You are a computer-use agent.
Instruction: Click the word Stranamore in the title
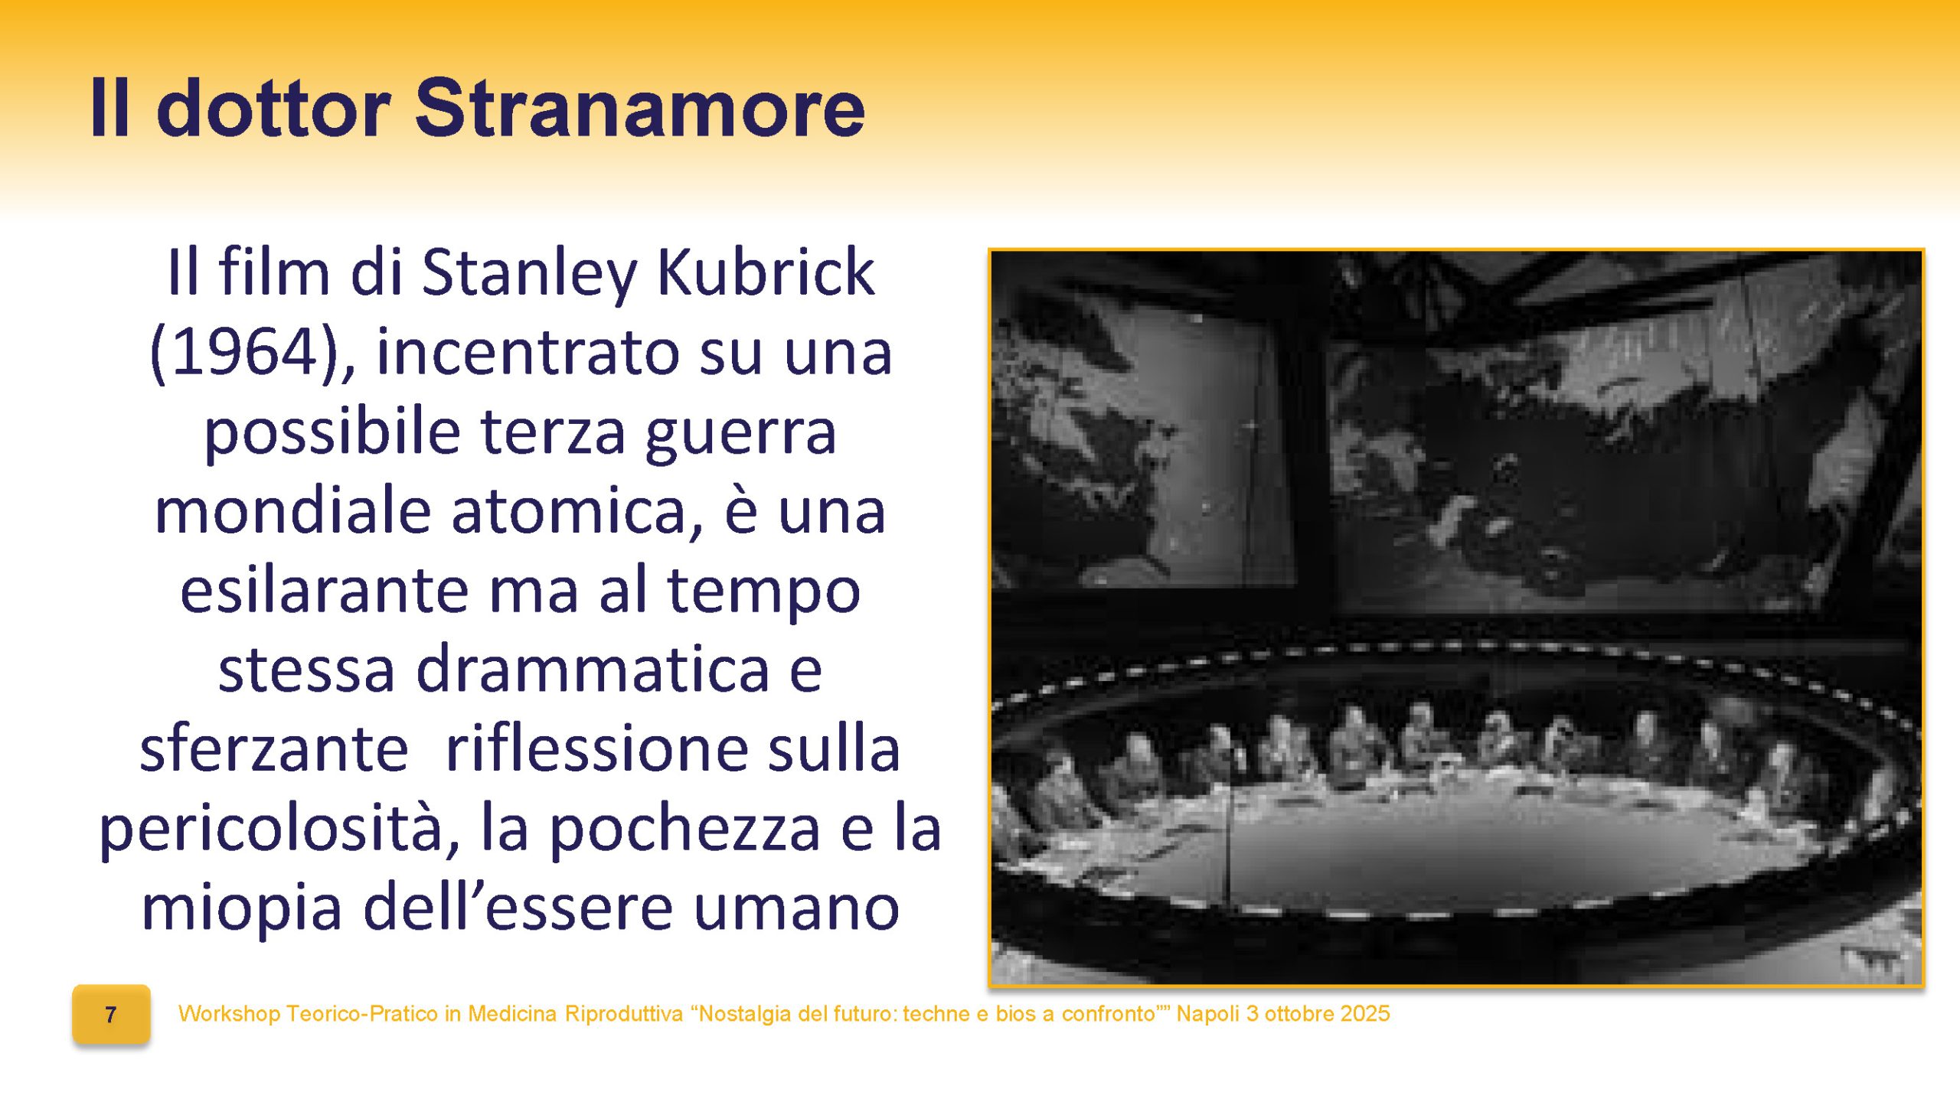pos(640,109)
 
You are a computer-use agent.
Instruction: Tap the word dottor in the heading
pos(273,109)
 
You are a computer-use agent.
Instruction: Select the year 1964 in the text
pos(244,351)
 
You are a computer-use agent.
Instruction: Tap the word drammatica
pos(592,670)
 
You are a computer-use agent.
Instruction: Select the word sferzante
pos(273,748)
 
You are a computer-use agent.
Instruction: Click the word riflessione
pos(596,748)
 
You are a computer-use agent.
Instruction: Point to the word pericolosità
pos(279,829)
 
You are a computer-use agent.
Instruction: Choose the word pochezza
pos(684,829)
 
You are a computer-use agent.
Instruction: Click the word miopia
pos(241,908)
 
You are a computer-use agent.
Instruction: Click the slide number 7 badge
pos(111,1015)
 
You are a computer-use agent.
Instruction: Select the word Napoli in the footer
pos(1208,1014)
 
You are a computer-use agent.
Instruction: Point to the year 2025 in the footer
pos(1364,1014)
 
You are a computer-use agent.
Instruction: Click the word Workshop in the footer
pos(229,1014)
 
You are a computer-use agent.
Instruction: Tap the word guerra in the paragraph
pos(740,432)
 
